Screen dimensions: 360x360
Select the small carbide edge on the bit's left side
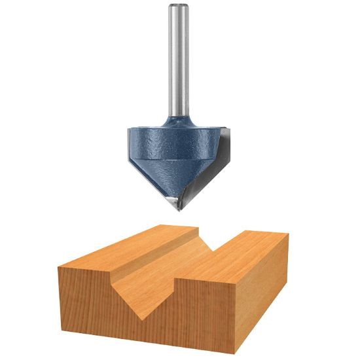[128, 144]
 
